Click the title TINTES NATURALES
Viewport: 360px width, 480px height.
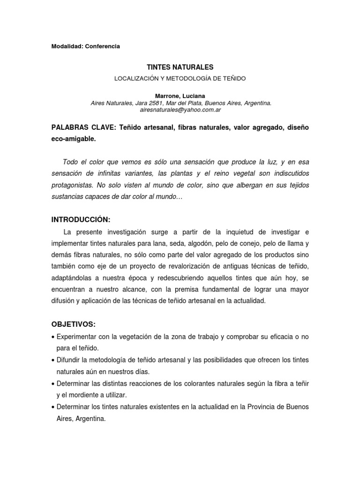[x=180, y=68]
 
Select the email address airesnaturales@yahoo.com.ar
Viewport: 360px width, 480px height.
[x=180, y=110]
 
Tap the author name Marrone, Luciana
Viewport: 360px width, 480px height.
[x=180, y=96]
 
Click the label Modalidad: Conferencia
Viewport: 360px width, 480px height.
[x=86, y=46]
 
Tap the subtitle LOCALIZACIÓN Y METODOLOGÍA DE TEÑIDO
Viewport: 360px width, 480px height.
[x=180, y=78]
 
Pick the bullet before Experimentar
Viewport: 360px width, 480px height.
[x=53, y=337]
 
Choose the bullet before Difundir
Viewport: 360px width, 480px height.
[x=53, y=360]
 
